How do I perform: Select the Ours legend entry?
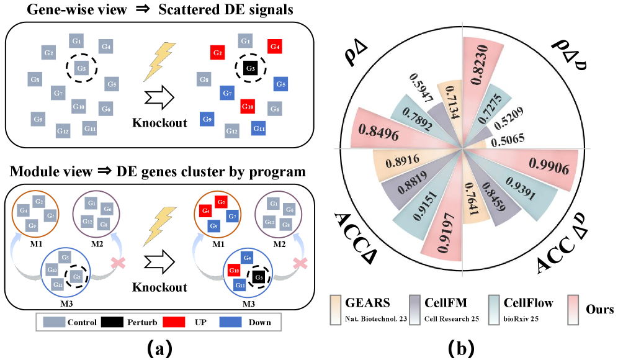[x=599, y=308]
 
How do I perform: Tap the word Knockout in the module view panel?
[x=159, y=287]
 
